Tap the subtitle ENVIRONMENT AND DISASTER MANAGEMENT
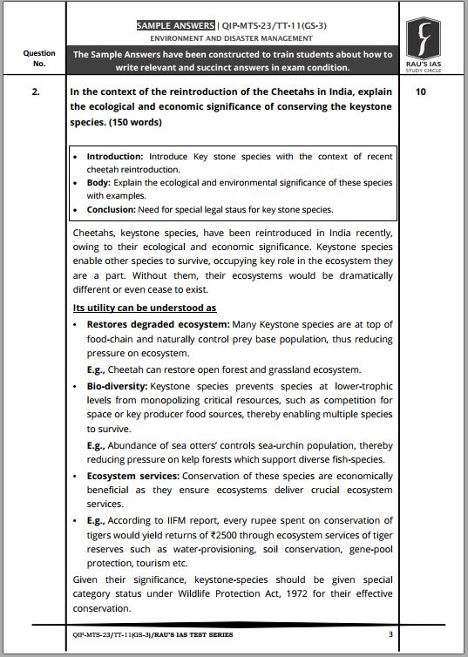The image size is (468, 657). pyautogui.click(x=232, y=38)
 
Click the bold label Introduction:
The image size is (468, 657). pyautogui.click(x=115, y=157)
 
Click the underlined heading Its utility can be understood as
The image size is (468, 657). pyautogui.click(x=144, y=308)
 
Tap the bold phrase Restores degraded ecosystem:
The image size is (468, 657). pyautogui.click(x=154, y=324)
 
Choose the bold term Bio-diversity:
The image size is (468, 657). pyautogui.click(x=117, y=384)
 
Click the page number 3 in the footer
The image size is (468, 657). pyautogui.click(x=390, y=633)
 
